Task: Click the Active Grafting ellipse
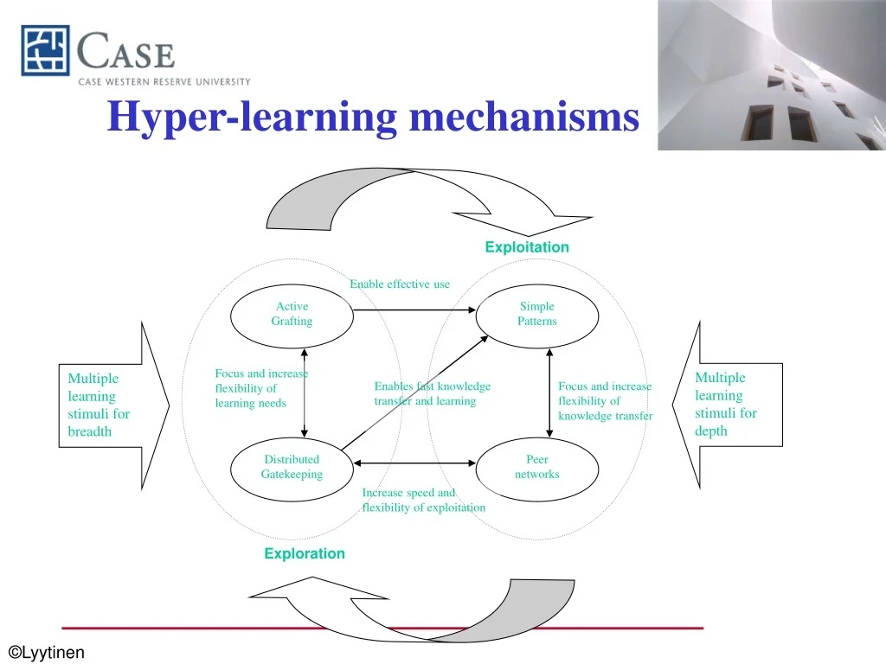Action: point(292,314)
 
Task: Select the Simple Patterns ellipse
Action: point(536,314)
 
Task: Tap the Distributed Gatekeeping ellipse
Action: point(292,467)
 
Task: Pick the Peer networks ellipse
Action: point(536,467)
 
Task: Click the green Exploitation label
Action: point(527,247)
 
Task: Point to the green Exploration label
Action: point(305,553)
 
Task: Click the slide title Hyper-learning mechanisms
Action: point(373,117)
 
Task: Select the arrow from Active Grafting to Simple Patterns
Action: point(415,310)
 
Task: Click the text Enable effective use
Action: point(400,284)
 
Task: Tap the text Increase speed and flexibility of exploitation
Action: point(423,501)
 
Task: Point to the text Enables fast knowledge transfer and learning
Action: point(432,393)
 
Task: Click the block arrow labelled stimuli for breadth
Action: point(112,404)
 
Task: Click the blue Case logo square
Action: point(45,50)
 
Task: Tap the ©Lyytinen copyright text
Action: point(47,652)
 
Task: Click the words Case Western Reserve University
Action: point(164,82)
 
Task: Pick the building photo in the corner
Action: point(771,74)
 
